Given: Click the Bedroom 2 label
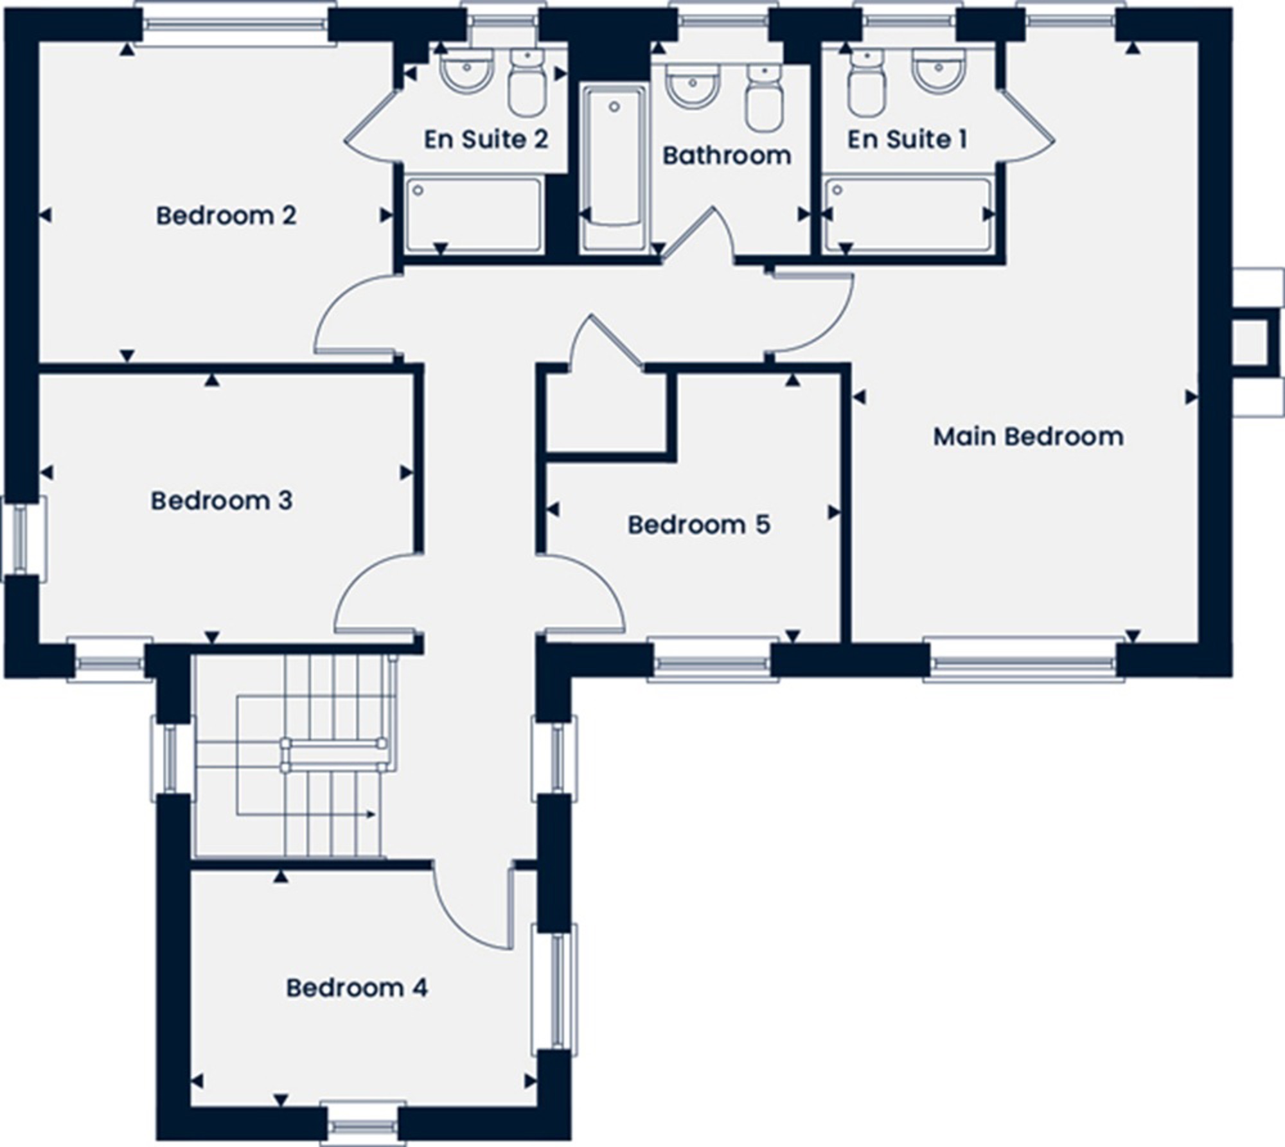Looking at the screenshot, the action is pos(226,216).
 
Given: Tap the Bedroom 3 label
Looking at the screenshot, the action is pos(222,501).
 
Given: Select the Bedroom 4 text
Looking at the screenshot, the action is pos(357,988).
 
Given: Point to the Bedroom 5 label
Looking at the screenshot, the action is pos(698,525).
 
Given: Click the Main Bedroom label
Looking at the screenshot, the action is pos(1028,437).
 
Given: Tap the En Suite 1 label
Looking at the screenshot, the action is pos(907,139).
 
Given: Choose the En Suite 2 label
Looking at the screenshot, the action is pos(486,139).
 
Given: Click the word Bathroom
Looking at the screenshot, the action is pos(727,155).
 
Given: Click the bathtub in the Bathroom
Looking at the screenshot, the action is pos(614,168).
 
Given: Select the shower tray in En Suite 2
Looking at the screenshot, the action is pos(474,215).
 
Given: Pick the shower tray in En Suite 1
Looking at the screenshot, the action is pos(909,215).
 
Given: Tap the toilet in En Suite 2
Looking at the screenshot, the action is pos(527,83).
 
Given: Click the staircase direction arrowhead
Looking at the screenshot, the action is pos(371,814).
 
